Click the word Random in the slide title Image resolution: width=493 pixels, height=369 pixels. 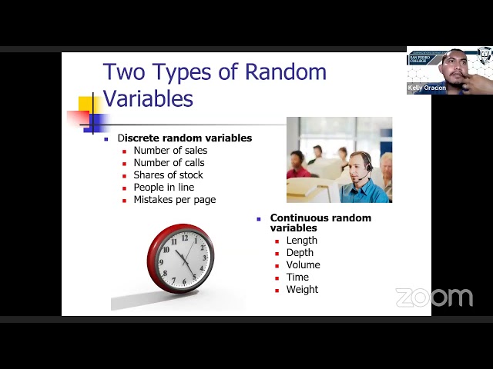(x=285, y=72)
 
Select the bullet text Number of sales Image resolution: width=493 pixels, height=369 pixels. (x=170, y=151)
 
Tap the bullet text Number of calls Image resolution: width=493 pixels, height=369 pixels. (x=169, y=163)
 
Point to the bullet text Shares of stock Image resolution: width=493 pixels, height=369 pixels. (x=168, y=175)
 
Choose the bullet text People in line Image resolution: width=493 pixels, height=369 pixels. (x=163, y=188)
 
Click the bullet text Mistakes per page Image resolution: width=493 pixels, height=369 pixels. (x=174, y=200)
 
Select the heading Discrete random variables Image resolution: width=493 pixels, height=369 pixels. (x=185, y=138)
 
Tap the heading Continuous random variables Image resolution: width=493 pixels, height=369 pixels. (x=320, y=223)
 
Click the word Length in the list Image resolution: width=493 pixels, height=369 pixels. (x=302, y=241)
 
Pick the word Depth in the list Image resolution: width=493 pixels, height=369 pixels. (x=300, y=253)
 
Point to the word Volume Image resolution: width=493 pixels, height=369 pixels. (x=303, y=265)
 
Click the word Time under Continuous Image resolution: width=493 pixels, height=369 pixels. (x=297, y=278)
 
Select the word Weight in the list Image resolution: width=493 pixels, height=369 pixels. (x=302, y=290)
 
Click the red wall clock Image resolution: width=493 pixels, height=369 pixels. (x=181, y=258)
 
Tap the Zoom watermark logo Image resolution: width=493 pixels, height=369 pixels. (x=434, y=298)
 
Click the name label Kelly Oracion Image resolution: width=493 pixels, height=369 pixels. (x=427, y=88)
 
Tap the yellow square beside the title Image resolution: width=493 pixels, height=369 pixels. (x=87, y=105)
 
